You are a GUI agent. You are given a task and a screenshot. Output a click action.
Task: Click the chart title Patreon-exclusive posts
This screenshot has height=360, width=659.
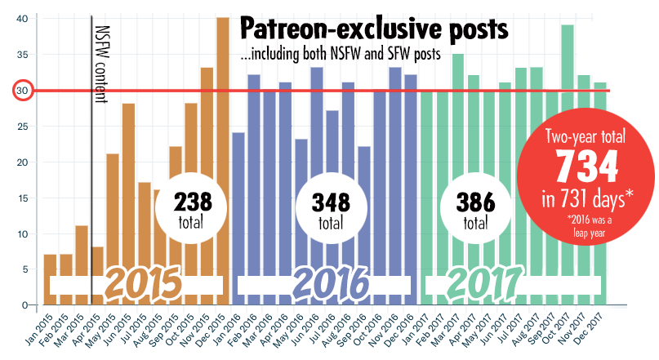click(374, 29)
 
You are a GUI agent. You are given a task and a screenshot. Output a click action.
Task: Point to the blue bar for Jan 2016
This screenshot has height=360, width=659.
click(238, 204)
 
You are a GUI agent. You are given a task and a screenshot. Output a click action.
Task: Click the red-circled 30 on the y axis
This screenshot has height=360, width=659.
click(22, 90)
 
